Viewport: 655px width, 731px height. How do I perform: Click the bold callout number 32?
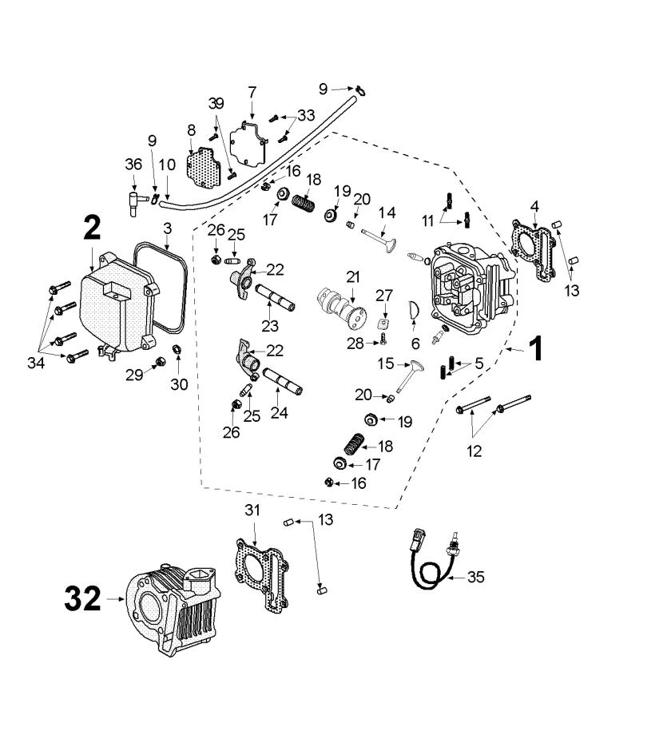[82, 598]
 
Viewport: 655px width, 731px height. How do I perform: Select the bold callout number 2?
[92, 228]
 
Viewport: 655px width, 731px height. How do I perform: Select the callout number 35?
[475, 577]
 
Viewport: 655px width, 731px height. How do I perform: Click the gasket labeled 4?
[534, 252]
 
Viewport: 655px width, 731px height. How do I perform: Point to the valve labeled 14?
[378, 239]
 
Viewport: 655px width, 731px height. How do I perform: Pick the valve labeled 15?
[408, 376]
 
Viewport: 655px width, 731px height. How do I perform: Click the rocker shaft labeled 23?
[275, 297]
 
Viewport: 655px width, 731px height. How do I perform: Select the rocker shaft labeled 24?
[283, 381]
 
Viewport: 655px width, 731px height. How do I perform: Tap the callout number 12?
[474, 451]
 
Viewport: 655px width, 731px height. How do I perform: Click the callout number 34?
[35, 363]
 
